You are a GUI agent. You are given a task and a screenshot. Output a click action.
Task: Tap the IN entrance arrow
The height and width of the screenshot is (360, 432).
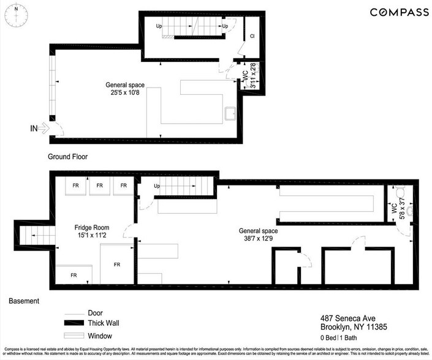pos(38,128)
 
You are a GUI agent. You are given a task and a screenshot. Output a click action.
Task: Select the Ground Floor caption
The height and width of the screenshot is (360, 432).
pos(67,157)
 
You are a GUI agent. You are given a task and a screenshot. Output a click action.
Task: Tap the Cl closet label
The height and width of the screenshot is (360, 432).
pos(252,36)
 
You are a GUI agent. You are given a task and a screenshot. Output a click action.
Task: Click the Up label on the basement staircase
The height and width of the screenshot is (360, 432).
pos(157,186)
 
